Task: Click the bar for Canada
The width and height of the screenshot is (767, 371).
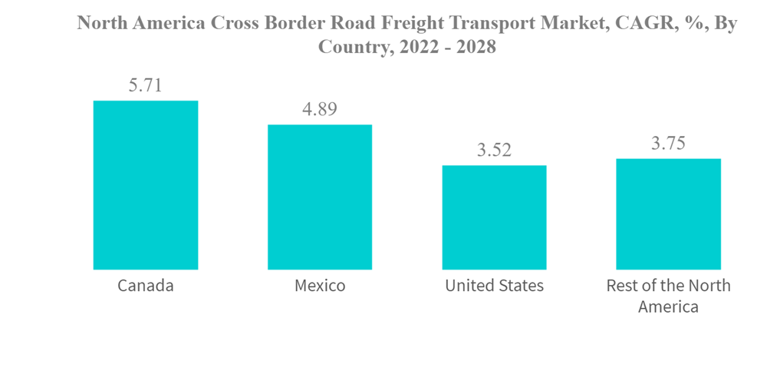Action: (145, 185)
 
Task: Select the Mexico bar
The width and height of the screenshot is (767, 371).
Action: (319, 197)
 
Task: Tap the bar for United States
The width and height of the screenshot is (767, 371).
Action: (494, 217)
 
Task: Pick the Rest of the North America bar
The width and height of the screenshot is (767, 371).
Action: (668, 214)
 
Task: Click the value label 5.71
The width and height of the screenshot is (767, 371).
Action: (145, 85)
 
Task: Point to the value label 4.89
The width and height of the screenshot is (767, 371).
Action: (319, 109)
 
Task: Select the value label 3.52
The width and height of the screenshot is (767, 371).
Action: (494, 151)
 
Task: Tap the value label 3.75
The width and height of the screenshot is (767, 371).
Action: (668, 144)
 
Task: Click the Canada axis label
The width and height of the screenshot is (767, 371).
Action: (145, 286)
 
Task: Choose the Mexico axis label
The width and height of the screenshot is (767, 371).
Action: (319, 286)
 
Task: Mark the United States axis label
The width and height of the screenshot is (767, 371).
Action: (494, 286)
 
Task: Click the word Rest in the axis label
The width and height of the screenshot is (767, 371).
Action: (621, 286)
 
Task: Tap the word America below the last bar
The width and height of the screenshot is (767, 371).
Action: (668, 307)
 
